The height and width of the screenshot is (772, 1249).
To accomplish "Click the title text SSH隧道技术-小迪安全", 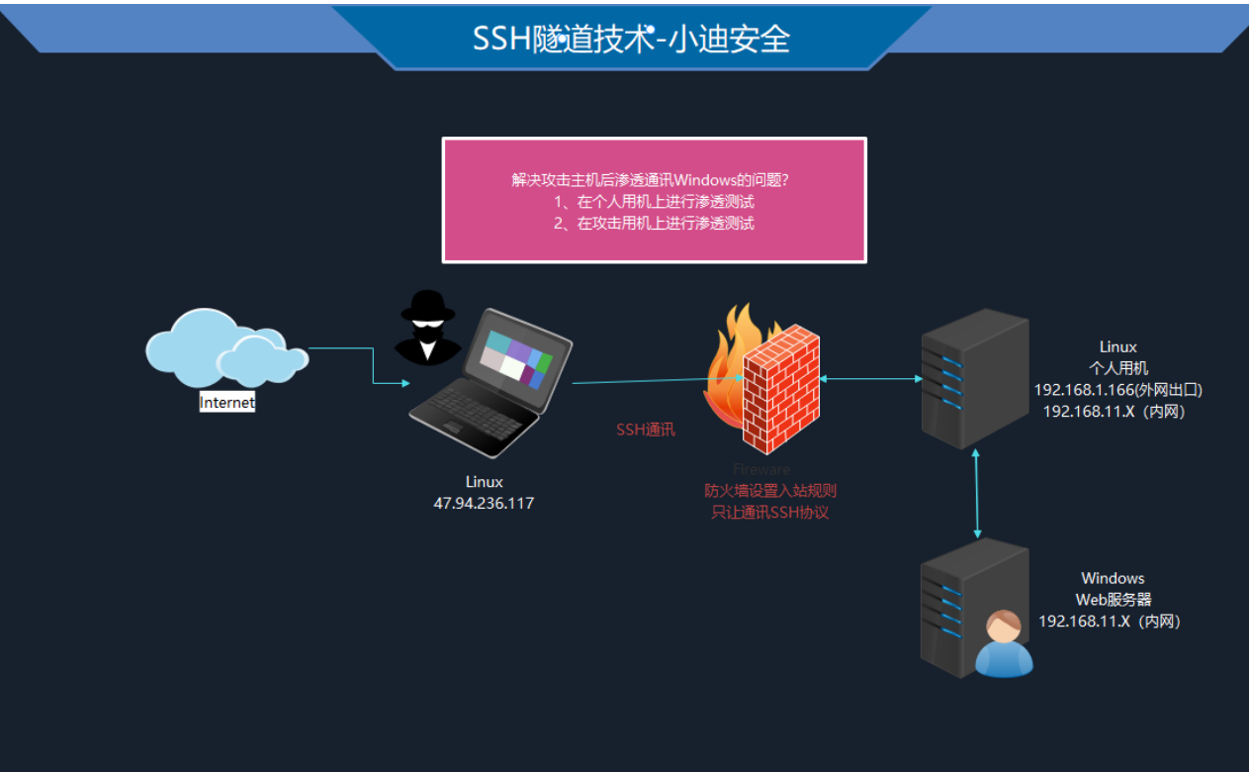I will (631, 38).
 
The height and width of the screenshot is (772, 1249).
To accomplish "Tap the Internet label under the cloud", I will (226, 403).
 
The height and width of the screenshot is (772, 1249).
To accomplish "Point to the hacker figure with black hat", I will (427, 328).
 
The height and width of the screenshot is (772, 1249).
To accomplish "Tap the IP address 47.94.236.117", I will (484, 504).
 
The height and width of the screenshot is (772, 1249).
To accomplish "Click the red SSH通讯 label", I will (646, 431).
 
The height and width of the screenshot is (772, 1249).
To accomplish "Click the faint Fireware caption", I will (761, 469).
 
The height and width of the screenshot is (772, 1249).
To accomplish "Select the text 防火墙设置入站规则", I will (770, 491).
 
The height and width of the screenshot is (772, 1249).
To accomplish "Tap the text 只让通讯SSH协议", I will (770, 513).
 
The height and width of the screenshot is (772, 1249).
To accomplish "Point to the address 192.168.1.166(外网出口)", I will (1117, 390).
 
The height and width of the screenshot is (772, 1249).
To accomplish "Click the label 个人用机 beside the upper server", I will (1118, 368).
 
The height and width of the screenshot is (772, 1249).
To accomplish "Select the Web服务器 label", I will (1114, 600).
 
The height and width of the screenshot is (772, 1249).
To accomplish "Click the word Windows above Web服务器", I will (1113, 578).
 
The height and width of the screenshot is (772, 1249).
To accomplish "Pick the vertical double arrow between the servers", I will (978, 492).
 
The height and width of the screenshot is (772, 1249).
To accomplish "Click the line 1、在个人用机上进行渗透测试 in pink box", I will (654, 202).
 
